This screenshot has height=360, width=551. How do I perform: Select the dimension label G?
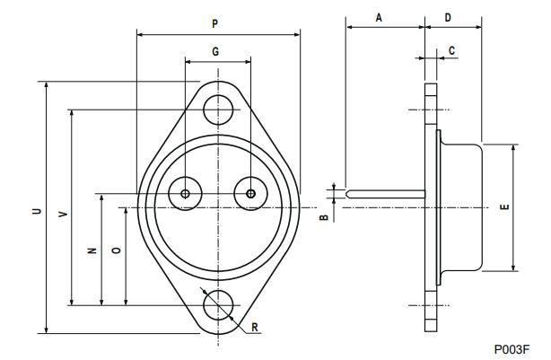(216, 52)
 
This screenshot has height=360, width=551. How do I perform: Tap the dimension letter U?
(36, 212)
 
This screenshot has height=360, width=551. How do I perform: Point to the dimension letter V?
(61, 215)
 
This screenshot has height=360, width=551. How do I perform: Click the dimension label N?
(92, 251)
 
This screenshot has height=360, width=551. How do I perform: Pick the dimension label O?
(116, 251)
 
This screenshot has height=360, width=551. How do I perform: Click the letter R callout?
(255, 328)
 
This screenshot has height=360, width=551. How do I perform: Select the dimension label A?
(379, 17)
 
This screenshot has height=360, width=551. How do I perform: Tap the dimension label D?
(448, 17)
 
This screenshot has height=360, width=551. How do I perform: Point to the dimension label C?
(451, 49)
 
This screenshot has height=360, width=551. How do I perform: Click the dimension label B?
(324, 216)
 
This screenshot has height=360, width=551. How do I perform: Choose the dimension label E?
(504, 207)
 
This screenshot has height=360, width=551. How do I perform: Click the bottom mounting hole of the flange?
(217, 305)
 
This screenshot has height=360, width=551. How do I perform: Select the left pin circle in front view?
(185, 193)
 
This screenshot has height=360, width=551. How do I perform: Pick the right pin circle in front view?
(250, 193)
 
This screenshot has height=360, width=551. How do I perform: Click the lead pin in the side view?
(386, 193)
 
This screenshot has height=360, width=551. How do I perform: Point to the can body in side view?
(462, 206)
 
